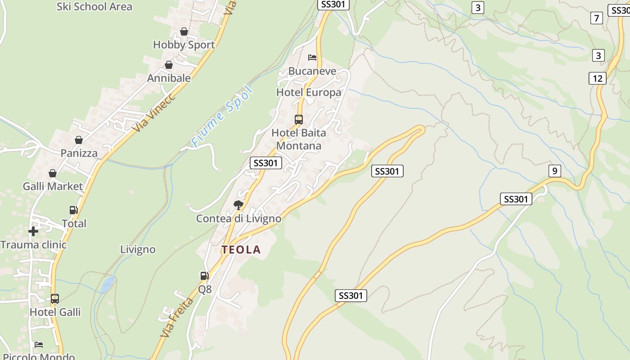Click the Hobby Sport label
[184, 45]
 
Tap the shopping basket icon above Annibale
[169, 65]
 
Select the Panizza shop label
[79, 153]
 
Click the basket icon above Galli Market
[53, 173]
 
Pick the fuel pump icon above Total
[73, 210]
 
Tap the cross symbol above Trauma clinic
[33, 231]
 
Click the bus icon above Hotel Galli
[55, 299]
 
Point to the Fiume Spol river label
[222, 116]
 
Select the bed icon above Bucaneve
[312, 58]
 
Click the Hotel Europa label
[309, 93]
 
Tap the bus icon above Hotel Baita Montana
[299, 120]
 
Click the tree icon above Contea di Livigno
[238, 206]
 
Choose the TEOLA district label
[241, 250]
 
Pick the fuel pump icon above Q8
[205, 276]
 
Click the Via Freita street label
[176, 318]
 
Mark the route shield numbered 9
[555, 171]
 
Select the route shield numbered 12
[598, 78]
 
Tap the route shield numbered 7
[597, 18]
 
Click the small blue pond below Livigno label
[108, 284]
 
